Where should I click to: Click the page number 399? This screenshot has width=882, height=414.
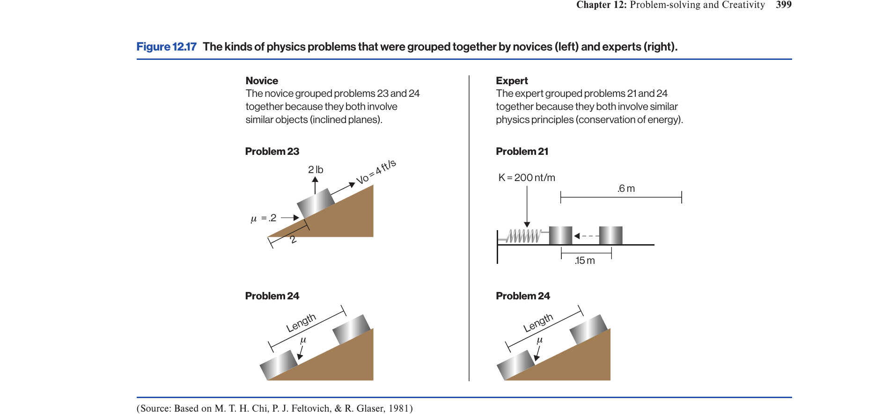(x=784, y=5)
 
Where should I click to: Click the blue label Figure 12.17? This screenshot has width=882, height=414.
(x=166, y=47)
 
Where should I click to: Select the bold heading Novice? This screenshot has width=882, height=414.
(x=262, y=81)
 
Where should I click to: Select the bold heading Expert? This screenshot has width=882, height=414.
(x=512, y=81)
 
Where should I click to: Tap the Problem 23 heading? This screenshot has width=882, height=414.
(x=272, y=152)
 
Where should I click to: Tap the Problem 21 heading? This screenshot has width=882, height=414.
(x=522, y=152)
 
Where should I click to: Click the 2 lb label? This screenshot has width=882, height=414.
(x=316, y=169)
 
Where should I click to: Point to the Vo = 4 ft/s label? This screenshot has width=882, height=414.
(x=376, y=172)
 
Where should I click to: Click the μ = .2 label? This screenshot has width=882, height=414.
(x=264, y=218)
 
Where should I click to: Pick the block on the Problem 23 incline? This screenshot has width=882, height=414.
(x=316, y=204)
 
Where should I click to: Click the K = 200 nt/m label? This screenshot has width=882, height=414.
(x=527, y=178)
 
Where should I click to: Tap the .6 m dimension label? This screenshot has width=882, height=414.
(x=626, y=189)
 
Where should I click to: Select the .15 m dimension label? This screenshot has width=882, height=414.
(x=585, y=261)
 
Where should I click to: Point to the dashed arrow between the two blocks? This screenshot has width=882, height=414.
(x=586, y=236)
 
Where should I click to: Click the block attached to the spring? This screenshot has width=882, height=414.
(x=560, y=235)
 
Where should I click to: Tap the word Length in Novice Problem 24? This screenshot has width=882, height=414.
(x=301, y=323)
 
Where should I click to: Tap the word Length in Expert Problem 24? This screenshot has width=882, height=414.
(x=538, y=323)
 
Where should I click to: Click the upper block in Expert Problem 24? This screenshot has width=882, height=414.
(x=588, y=330)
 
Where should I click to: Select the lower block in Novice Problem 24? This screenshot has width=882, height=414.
(x=279, y=365)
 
